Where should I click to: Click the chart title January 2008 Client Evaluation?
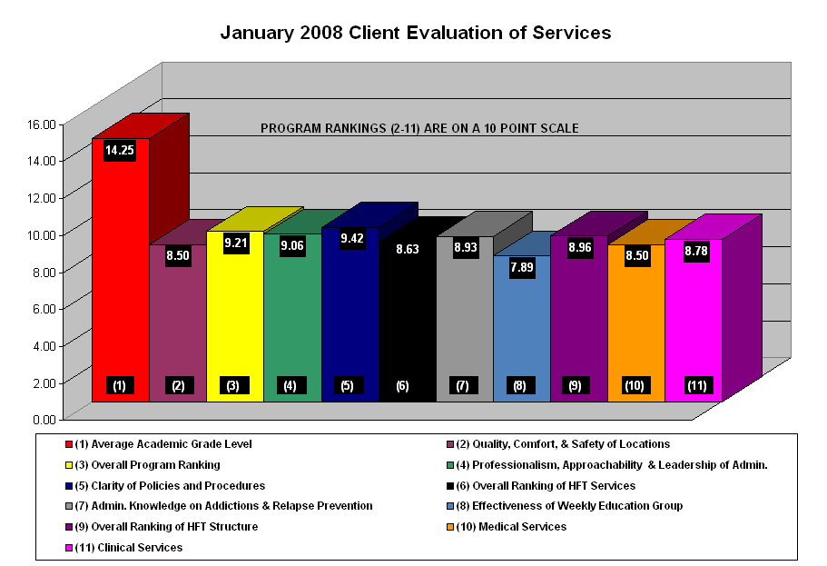(x=416, y=33)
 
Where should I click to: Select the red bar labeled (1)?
(x=120, y=273)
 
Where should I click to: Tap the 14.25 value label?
(x=120, y=150)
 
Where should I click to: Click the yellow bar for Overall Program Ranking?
(x=234, y=318)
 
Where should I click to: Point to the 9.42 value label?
(x=350, y=239)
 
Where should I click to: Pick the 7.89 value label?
(x=522, y=267)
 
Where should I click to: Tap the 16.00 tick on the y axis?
(x=43, y=124)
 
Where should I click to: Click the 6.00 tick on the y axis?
(x=44, y=309)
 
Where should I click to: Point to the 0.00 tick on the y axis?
(x=44, y=420)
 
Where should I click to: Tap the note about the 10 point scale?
(x=419, y=128)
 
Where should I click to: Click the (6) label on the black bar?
(x=402, y=386)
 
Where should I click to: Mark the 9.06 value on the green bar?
(x=292, y=245)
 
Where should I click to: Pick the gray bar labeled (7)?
(x=464, y=318)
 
